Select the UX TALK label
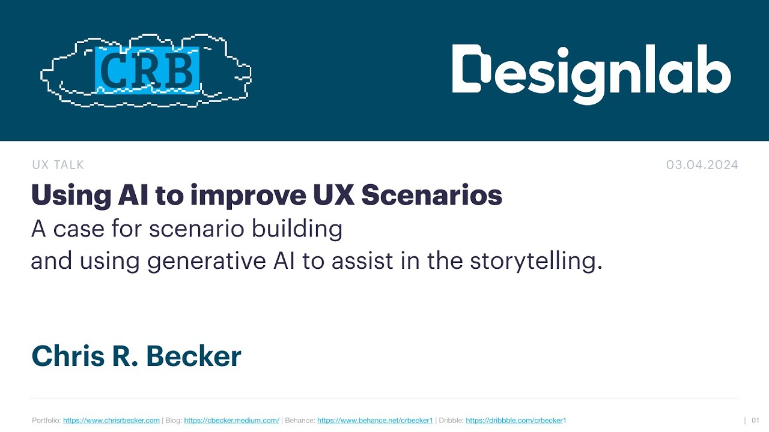pyautogui.click(x=58, y=165)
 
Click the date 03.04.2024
pyautogui.click(x=702, y=165)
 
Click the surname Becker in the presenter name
pyautogui.click(x=193, y=356)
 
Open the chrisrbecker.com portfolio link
pyautogui.click(x=111, y=421)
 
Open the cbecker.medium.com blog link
pyautogui.click(x=231, y=421)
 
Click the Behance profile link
pyautogui.click(x=375, y=421)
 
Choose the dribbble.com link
pyautogui.click(x=515, y=421)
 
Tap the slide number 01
pyautogui.click(x=756, y=421)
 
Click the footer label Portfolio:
pyautogui.click(x=46, y=421)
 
